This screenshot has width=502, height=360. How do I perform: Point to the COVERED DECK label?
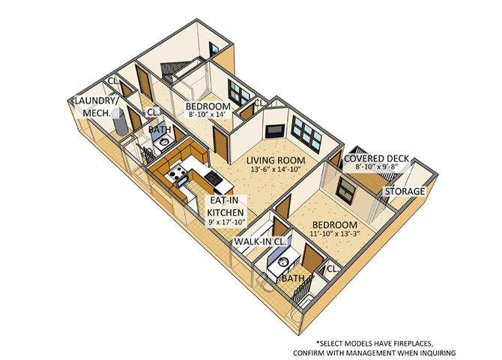376,159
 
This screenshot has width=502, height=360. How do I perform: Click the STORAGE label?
405,192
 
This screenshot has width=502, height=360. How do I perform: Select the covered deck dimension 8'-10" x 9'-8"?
376,169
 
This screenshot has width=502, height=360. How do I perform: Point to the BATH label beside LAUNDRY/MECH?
159,130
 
